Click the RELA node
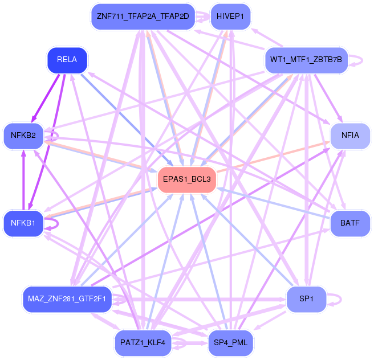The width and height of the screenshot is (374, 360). (67, 60)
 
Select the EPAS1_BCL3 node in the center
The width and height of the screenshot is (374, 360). (187, 180)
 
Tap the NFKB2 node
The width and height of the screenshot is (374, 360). (23, 136)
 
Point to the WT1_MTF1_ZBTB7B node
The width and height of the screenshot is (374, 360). (306, 60)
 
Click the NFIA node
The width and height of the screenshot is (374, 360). (350, 136)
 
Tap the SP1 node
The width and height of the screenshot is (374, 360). (306, 300)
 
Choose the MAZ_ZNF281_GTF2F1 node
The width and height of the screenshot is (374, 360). (67, 300)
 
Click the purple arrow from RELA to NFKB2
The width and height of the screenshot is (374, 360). (45, 98)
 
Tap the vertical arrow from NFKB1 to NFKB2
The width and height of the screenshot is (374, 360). (23, 180)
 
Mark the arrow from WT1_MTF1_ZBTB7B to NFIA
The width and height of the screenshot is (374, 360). (329, 99)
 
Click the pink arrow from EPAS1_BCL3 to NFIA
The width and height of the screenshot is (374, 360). (273, 157)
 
